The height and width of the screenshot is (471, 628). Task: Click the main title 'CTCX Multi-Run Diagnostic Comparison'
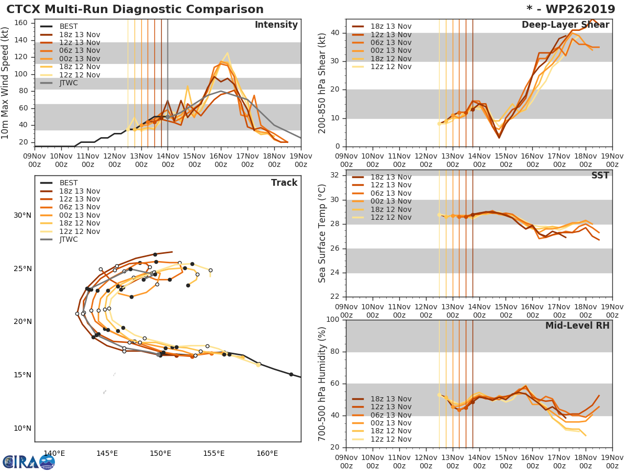pos(135,9)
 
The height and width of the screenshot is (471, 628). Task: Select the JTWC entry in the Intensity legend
pos(69,83)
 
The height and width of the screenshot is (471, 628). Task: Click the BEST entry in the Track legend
pos(69,183)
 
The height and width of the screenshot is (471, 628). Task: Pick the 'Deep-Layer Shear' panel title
pos(565,25)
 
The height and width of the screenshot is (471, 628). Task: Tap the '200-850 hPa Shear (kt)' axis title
pos(323,83)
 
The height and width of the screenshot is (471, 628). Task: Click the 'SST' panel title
pos(600,176)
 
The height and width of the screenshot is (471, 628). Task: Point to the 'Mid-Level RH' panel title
pos(577,326)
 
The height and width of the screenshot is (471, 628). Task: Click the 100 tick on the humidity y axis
pos(332,320)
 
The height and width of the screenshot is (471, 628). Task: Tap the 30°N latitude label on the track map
pos(23,216)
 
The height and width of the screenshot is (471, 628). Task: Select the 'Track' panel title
pos(284,183)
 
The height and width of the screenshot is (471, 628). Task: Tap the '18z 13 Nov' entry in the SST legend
pos(390,177)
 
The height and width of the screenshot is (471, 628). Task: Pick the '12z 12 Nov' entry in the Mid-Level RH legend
pos(390,440)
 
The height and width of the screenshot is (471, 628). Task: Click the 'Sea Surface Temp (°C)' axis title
pos(323,233)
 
